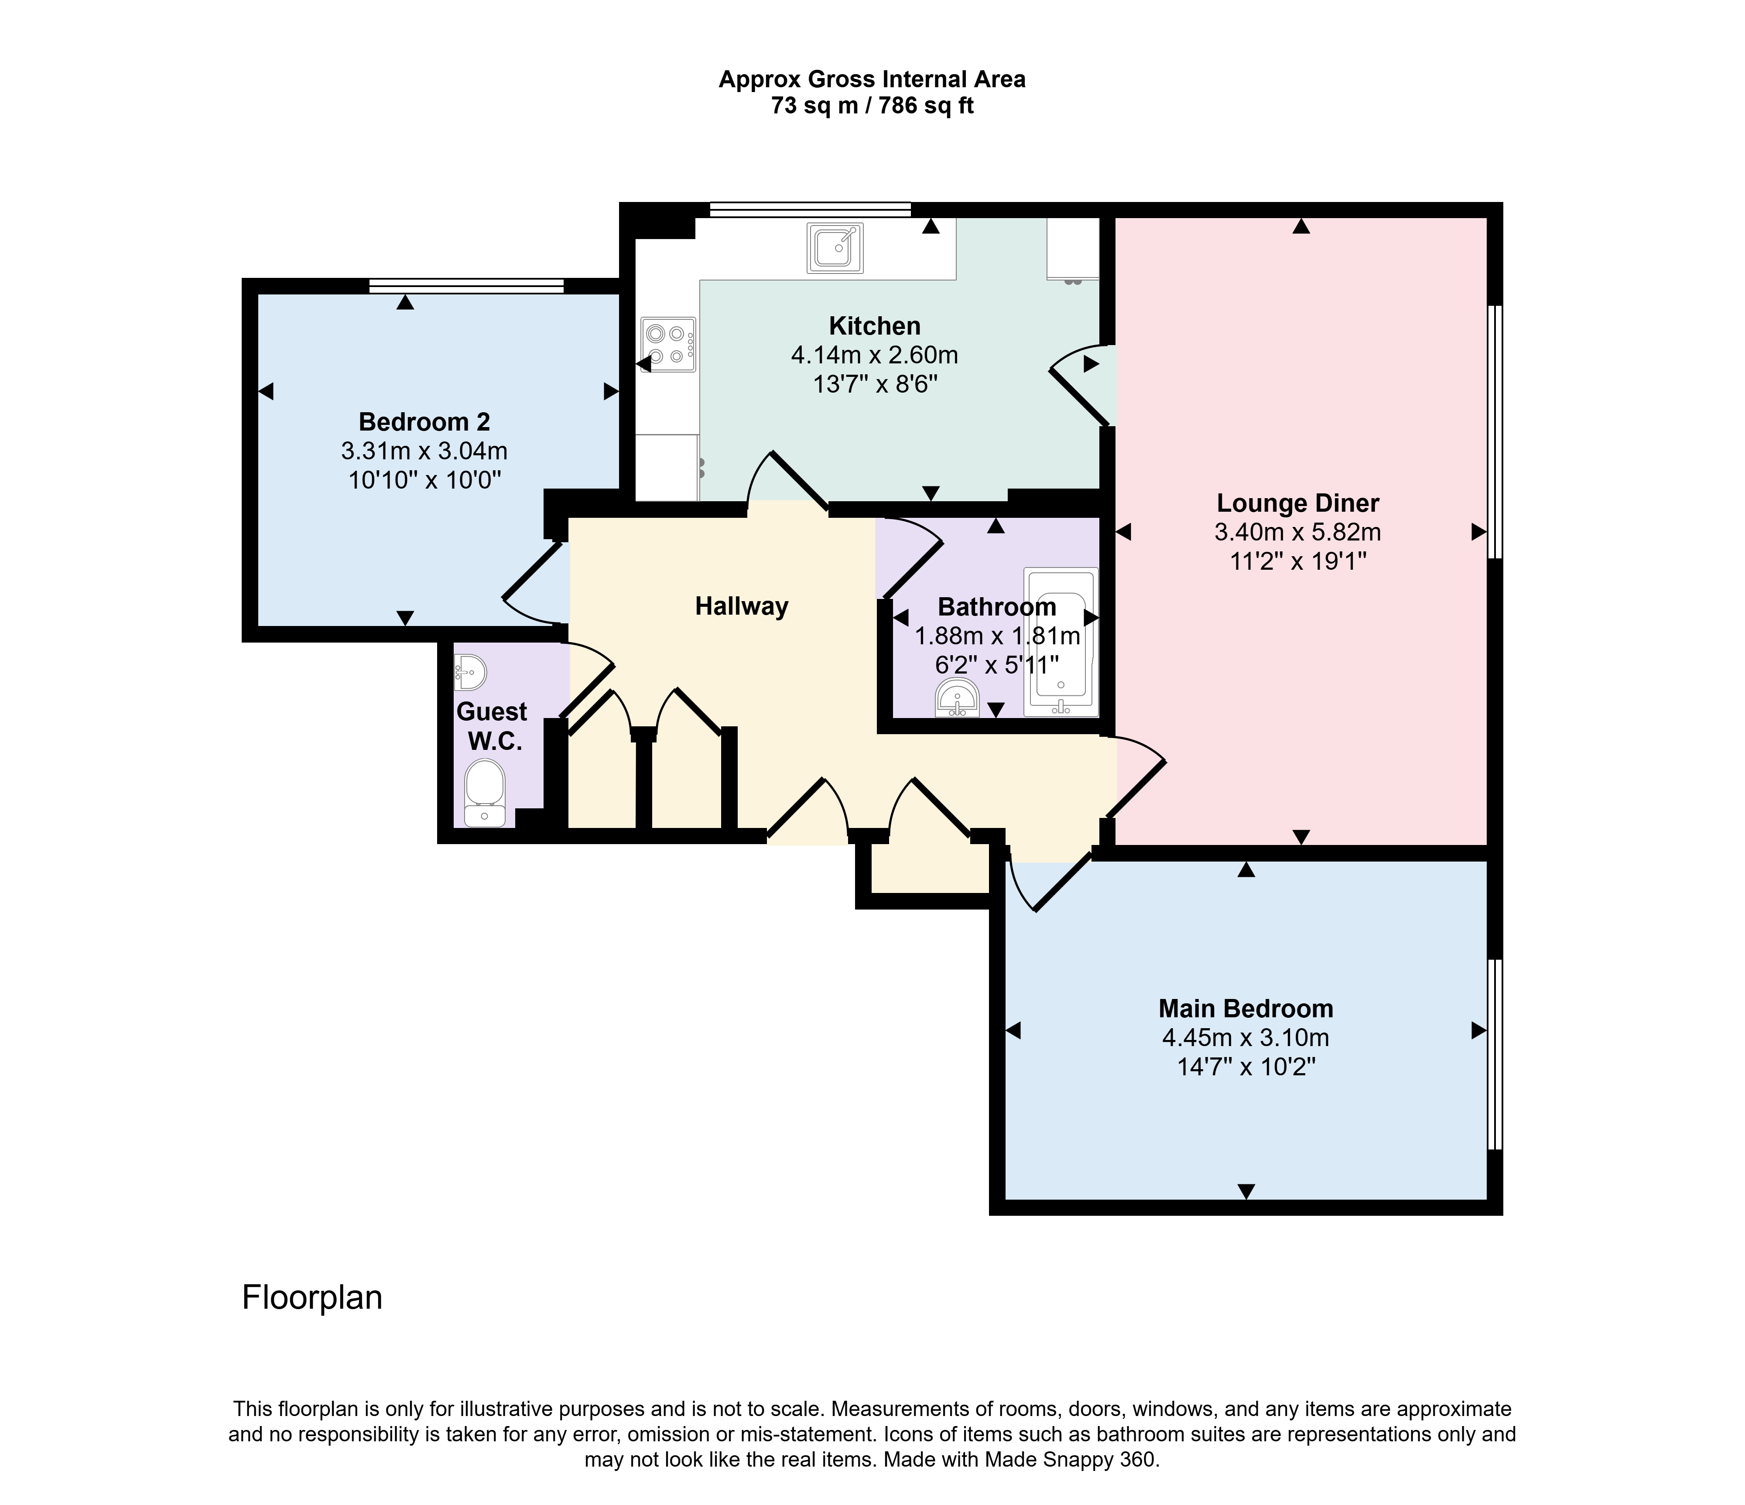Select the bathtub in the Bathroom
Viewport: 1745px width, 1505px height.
(x=1061, y=643)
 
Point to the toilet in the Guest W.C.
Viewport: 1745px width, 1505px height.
(x=484, y=793)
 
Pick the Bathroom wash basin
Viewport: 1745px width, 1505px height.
(x=958, y=698)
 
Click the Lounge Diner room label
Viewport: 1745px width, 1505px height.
(x=1298, y=504)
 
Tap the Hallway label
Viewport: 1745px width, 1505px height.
(x=741, y=606)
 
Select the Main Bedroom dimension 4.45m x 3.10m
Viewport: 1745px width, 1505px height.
(x=1245, y=1038)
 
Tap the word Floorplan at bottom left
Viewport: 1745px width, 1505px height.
(x=312, y=1298)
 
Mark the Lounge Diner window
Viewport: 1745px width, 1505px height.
(x=1495, y=431)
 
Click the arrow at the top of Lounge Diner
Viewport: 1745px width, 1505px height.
(x=1301, y=226)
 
